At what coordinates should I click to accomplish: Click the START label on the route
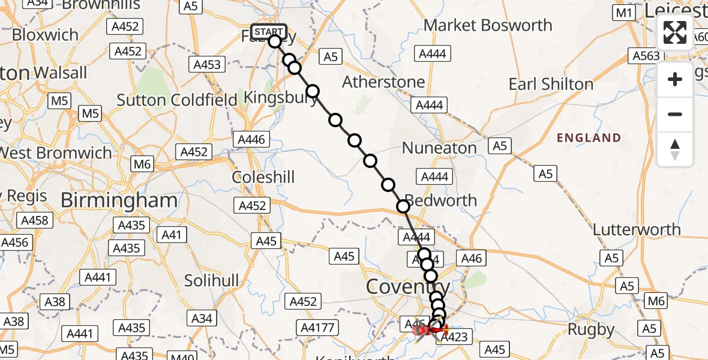pos(269,32)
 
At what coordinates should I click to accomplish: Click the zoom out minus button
pos(675,114)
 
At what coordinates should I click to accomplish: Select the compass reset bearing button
pos(675,149)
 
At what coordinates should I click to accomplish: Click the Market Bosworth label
pos(488,25)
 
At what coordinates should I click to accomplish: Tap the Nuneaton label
pos(439,148)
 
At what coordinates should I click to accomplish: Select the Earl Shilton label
pos(551,84)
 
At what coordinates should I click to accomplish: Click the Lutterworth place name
pos(637,229)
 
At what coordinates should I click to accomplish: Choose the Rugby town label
pos(592,329)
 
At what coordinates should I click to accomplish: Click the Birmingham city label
pos(119,200)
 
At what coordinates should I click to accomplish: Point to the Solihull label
pos(212,280)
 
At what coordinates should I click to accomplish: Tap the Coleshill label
pos(263,178)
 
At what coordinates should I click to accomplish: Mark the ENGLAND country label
pos(589,138)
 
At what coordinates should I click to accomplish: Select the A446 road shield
pos(251,140)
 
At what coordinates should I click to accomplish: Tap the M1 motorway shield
pos(625,13)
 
